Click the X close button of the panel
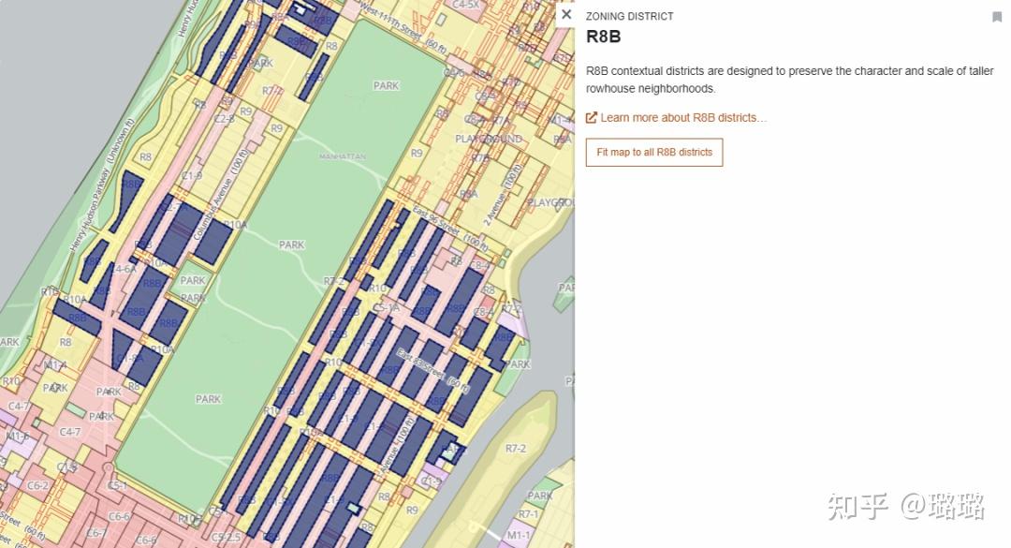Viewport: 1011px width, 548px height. point(566,15)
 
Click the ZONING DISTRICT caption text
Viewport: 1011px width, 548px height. point(629,17)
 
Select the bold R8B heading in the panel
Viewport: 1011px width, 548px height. point(603,37)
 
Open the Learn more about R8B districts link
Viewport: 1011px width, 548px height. point(683,118)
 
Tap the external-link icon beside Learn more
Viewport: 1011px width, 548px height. point(592,118)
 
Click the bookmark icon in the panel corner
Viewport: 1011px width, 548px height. point(997,17)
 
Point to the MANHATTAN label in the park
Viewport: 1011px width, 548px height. point(342,157)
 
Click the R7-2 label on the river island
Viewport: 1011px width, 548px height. point(515,449)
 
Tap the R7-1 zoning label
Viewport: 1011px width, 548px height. point(528,514)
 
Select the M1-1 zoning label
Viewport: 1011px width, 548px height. point(518,535)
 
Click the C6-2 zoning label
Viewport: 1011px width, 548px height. point(37,485)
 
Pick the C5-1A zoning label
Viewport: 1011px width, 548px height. point(386,307)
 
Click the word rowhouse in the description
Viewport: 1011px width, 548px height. point(613,89)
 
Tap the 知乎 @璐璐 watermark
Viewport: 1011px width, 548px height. point(904,507)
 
